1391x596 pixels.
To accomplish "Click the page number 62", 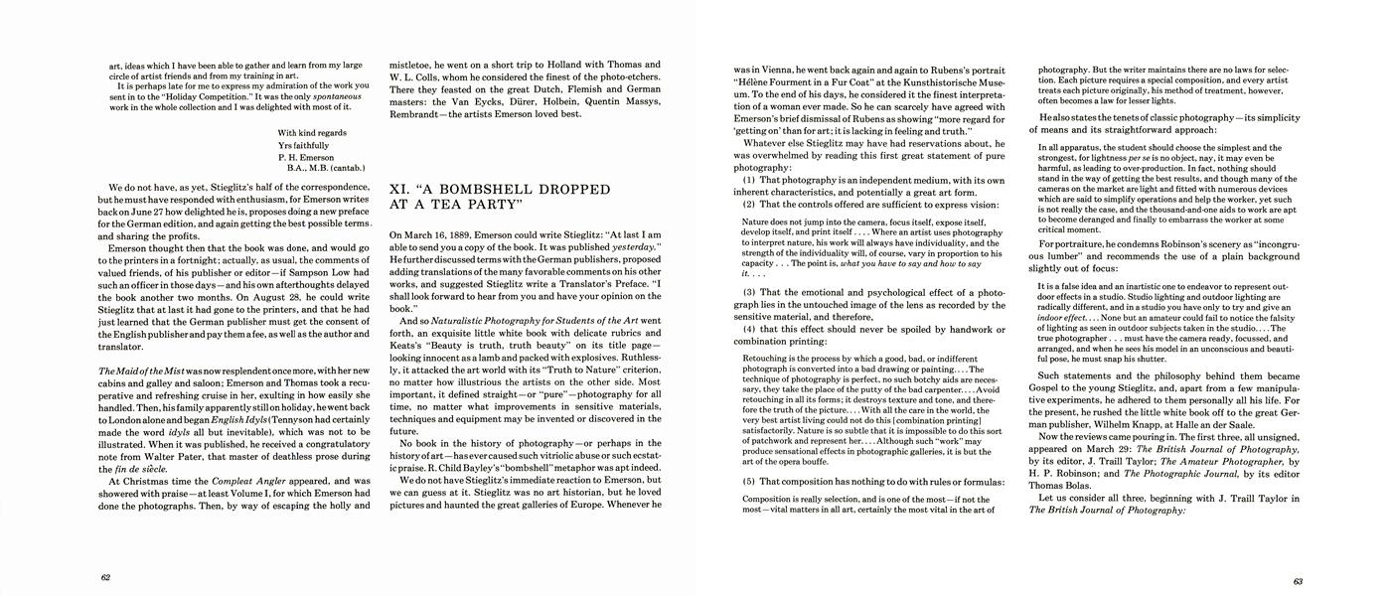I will (x=106, y=576).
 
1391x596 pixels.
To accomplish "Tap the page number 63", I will (x=1298, y=581).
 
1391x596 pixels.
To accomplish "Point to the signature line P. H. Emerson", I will (x=309, y=157).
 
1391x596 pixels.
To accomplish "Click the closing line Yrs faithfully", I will (x=304, y=145).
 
